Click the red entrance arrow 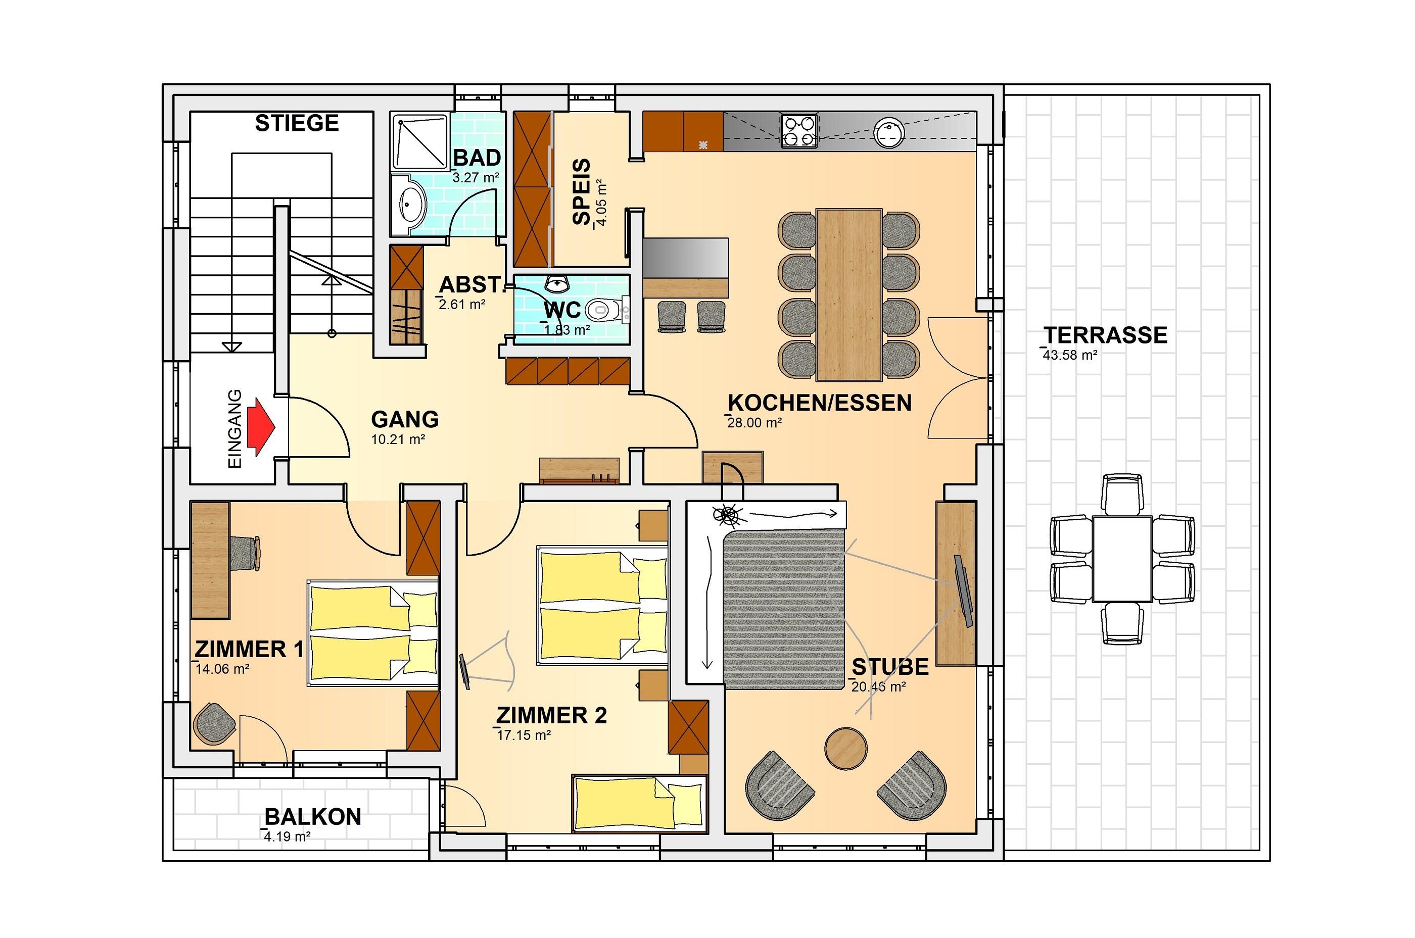click(x=261, y=427)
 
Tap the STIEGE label click(x=297, y=123)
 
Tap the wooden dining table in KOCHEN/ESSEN click(x=849, y=294)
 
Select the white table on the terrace click(x=1122, y=559)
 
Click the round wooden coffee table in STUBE click(x=846, y=748)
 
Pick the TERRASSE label click(x=1106, y=335)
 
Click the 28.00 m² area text click(x=754, y=423)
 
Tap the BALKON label click(x=312, y=817)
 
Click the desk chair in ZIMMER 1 click(x=246, y=553)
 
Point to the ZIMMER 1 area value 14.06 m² click(x=222, y=669)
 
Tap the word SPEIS click(x=581, y=192)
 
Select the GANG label click(x=405, y=419)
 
